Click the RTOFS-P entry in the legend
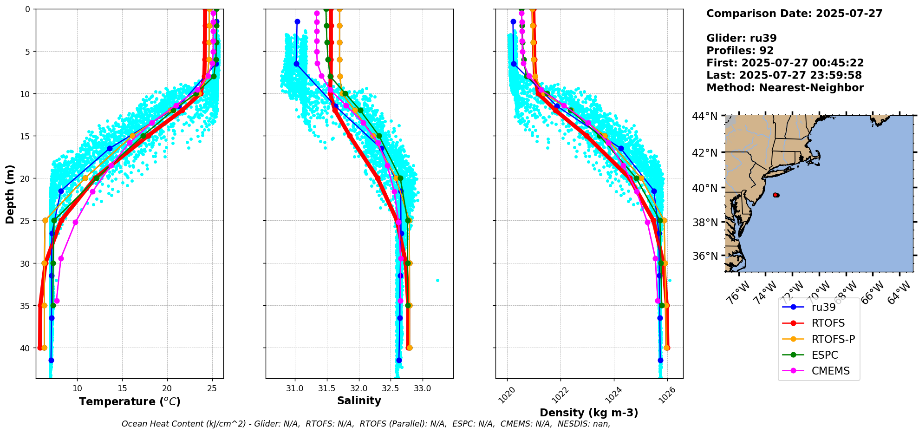pos(833,339)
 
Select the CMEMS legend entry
pos(830,371)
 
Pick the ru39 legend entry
pos(823,307)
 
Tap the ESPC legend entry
pos(825,355)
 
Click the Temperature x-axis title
pos(130,401)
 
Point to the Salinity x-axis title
pos(359,401)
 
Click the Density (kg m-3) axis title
pos(589,413)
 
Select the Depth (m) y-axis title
pos(10,194)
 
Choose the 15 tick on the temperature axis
pos(122,388)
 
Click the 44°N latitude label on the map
pos(705,116)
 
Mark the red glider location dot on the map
pos(776,195)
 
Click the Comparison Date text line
pos(794,13)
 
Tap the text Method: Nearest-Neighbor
pos(785,88)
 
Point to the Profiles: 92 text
pos(740,51)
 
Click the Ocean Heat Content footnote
pos(365,424)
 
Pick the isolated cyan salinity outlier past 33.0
pos(437,280)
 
